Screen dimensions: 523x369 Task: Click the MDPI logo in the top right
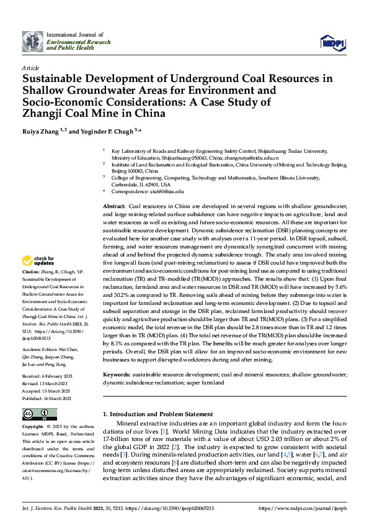(x=332, y=42)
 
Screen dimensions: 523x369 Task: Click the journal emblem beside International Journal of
(x=31, y=42)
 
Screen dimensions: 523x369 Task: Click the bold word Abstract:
(x=113, y=206)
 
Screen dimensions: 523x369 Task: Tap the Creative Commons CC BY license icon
(x=38, y=414)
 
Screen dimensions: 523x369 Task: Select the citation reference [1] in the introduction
(x=163, y=430)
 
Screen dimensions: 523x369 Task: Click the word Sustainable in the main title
(x=54, y=79)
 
